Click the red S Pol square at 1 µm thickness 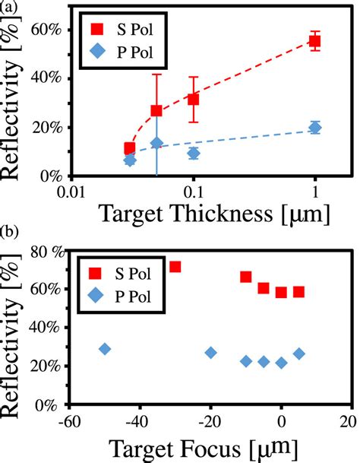[x=315, y=41]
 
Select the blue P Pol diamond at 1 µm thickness [x=315, y=128]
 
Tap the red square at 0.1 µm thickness [x=194, y=99]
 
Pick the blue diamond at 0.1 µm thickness [x=194, y=153]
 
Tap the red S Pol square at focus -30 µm [x=175, y=267]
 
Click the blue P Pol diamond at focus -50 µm [x=105, y=349]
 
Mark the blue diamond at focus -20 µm [x=211, y=353]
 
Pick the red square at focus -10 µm [x=246, y=277]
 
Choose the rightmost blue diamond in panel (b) [x=299, y=354]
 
